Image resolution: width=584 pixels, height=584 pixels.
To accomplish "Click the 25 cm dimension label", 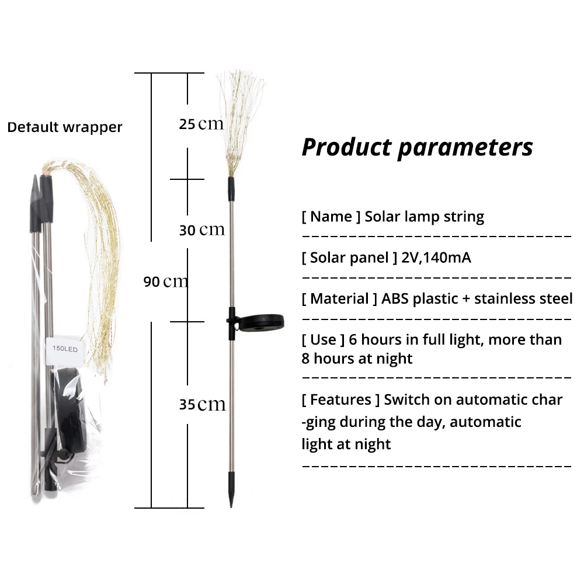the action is click(x=201, y=124).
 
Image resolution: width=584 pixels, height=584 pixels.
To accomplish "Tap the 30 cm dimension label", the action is click(x=201, y=230).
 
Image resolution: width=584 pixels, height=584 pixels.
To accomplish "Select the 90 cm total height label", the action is click(x=166, y=281).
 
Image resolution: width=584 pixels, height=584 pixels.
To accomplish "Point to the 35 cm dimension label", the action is click(x=202, y=404).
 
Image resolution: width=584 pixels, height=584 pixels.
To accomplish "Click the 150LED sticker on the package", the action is click(x=65, y=349).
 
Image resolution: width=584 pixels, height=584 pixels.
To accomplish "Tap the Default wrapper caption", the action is click(x=65, y=127).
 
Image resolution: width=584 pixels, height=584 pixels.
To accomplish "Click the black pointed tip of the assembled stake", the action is click(x=231, y=496).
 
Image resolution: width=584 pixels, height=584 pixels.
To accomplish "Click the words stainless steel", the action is click(x=523, y=298).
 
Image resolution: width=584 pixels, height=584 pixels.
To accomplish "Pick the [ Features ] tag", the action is click(x=341, y=399).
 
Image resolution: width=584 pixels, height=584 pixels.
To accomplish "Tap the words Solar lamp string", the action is click(x=425, y=217).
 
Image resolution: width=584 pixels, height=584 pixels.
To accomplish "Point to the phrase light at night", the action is click(x=346, y=444).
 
